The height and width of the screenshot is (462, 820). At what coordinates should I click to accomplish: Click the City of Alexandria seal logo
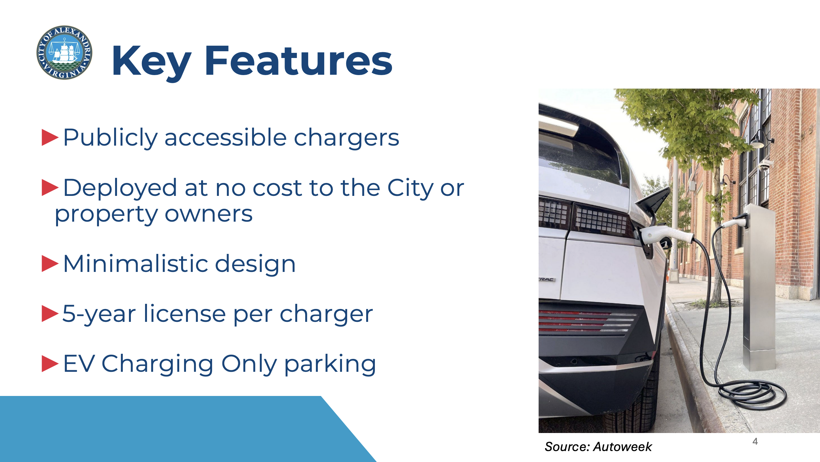64,53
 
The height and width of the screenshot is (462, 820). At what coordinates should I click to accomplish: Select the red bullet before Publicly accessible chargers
50,138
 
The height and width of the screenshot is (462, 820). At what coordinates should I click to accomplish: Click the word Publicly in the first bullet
110,138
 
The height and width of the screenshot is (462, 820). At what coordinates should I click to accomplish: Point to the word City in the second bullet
410,188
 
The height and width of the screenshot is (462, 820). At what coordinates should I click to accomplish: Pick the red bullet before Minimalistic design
50,264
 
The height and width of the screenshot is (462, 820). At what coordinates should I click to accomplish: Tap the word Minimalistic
135,264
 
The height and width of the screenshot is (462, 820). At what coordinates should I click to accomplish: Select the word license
185,313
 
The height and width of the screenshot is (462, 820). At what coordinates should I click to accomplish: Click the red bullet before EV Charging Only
50,364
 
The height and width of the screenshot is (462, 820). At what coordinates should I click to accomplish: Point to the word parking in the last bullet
330,364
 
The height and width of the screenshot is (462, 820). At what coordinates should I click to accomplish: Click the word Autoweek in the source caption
622,447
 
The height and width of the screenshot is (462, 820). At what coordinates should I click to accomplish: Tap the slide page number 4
755,441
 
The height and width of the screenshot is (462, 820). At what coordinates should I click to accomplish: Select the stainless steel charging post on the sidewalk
759,287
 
